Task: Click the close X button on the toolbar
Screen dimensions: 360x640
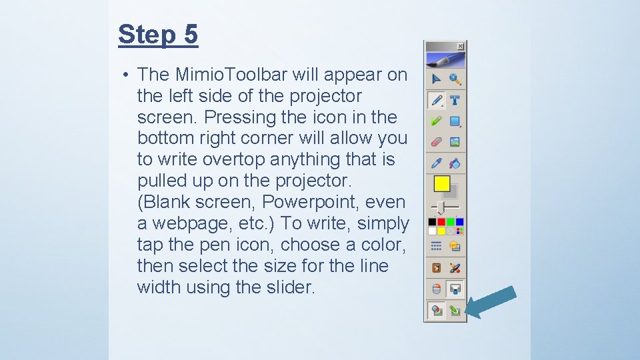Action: pyautogui.click(x=460, y=46)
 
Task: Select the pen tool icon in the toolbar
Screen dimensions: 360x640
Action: pyautogui.click(x=437, y=101)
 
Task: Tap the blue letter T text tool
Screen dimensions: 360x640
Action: pyautogui.click(x=455, y=101)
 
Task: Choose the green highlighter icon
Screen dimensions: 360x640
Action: pyautogui.click(x=437, y=121)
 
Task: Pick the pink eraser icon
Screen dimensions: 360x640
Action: pyautogui.click(x=437, y=141)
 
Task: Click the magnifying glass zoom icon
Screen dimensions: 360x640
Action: pyautogui.click(x=455, y=79)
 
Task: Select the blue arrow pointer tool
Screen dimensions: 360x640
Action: pyautogui.click(x=437, y=79)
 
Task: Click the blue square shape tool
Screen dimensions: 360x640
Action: pyautogui.click(x=455, y=121)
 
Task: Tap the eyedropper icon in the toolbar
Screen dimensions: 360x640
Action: pyautogui.click(x=437, y=163)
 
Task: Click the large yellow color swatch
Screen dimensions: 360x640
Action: pyautogui.click(x=441, y=183)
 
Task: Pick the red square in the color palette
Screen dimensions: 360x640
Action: pyautogui.click(x=441, y=222)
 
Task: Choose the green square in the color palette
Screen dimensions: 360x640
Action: pyautogui.click(x=451, y=222)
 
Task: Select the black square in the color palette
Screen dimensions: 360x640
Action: pyautogui.click(x=433, y=222)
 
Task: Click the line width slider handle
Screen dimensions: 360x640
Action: pyautogui.click(x=441, y=207)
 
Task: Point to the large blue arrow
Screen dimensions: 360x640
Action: pyautogui.click(x=491, y=301)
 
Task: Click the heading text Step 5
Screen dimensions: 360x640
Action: pyautogui.click(x=158, y=34)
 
